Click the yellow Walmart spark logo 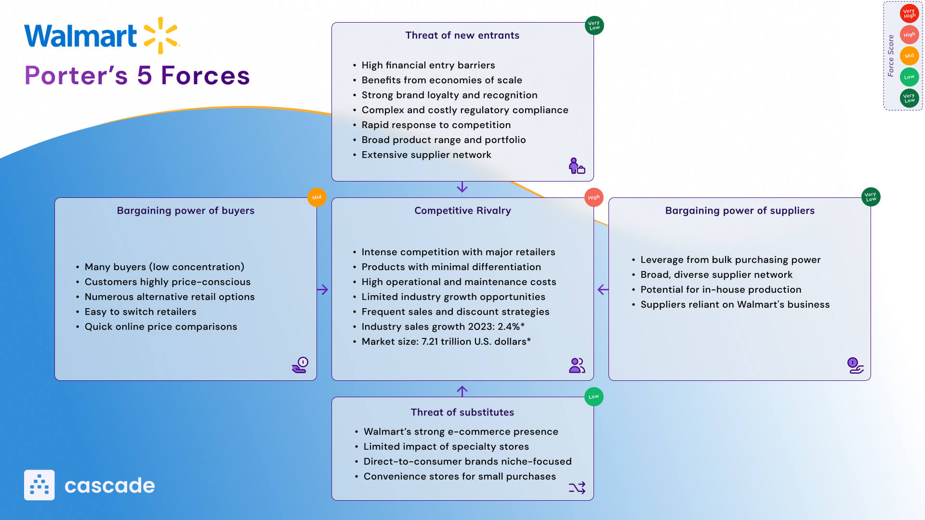pyautogui.click(x=161, y=35)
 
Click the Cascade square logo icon pyautogui.click(x=39, y=485)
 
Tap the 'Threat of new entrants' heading pyautogui.click(x=462, y=35)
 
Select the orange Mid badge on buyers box pyautogui.click(x=317, y=197)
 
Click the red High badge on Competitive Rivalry pyautogui.click(x=594, y=197)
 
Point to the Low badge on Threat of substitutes pyautogui.click(x=594, y=397)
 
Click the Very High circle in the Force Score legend pyautogui.click(x=909, y=13)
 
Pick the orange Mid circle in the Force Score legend pyautogui.click(x=909, y=56)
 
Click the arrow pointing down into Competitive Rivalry pyautogui.click(x=462, y=187)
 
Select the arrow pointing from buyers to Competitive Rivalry pyautogui.click(x=322, y=289)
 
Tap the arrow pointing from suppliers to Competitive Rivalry pyautogui.click(x=603, y=289)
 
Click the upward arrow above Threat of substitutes pyautogui.click(x=462, y=390)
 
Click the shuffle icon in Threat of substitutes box pyautogui.click(x=577, y=488)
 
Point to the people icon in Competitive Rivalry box pyautogui.click(x=577, y=365)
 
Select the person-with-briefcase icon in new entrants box pyautogui.click(x=576, y=166)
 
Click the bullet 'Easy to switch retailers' pyautogui.click(x=140, y=312)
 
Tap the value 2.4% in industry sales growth pyautogui.click(x=509, y=326)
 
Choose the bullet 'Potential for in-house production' pyautogui.click(x=721, y=289)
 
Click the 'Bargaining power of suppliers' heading pyautogui.click(x=740, y=210)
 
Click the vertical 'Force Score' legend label pyautogui.click(x=891, y=55)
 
